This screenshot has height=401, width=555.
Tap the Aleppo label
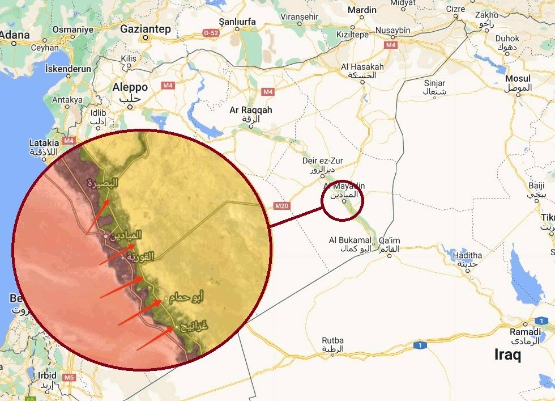click(130, 87)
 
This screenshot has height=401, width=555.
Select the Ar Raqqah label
click(250, 110)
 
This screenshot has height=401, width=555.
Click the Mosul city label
click(518, 78)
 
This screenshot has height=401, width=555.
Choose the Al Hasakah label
click(362, 67)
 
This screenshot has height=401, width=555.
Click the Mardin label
click(362, 10)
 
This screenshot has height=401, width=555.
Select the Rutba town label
click(332, 341)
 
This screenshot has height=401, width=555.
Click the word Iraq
click(507, 356)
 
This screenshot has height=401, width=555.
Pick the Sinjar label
click(434, 83)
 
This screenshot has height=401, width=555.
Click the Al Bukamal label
click(351, 240)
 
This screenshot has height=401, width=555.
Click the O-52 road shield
click(211, 33)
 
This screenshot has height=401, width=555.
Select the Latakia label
click(44, 143)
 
